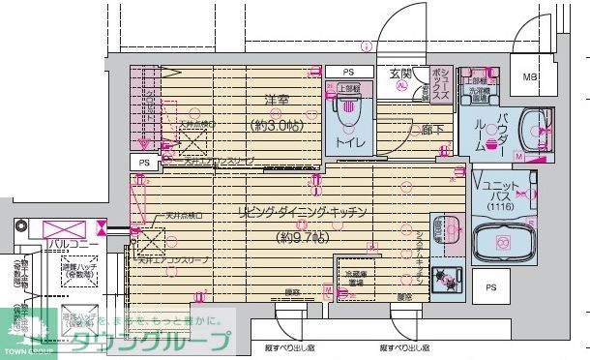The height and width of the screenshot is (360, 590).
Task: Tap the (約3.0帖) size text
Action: pyautogui.click(x=276, y=125)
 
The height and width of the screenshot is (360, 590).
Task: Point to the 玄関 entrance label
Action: pyautogui.click(x=400, y=73)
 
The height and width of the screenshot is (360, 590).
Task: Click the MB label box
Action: pyautogui.click(x=531, y=76)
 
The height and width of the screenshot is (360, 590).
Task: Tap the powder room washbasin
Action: pyautogui.click(x=535, y=129)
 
